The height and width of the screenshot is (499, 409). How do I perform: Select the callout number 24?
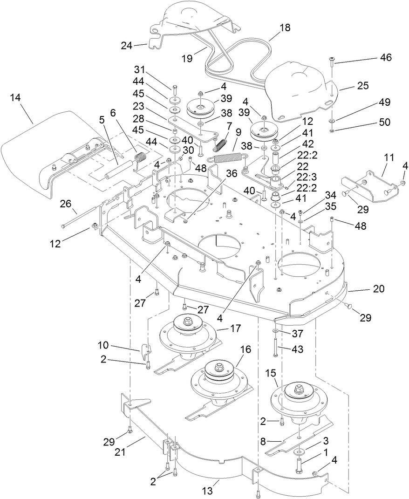[x=127, y=46]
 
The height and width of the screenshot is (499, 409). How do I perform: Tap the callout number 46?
[x=385, y=58]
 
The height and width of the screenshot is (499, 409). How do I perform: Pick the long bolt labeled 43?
[x=276, y=348]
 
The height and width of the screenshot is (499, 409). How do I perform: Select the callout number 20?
[x=378, y=289]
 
